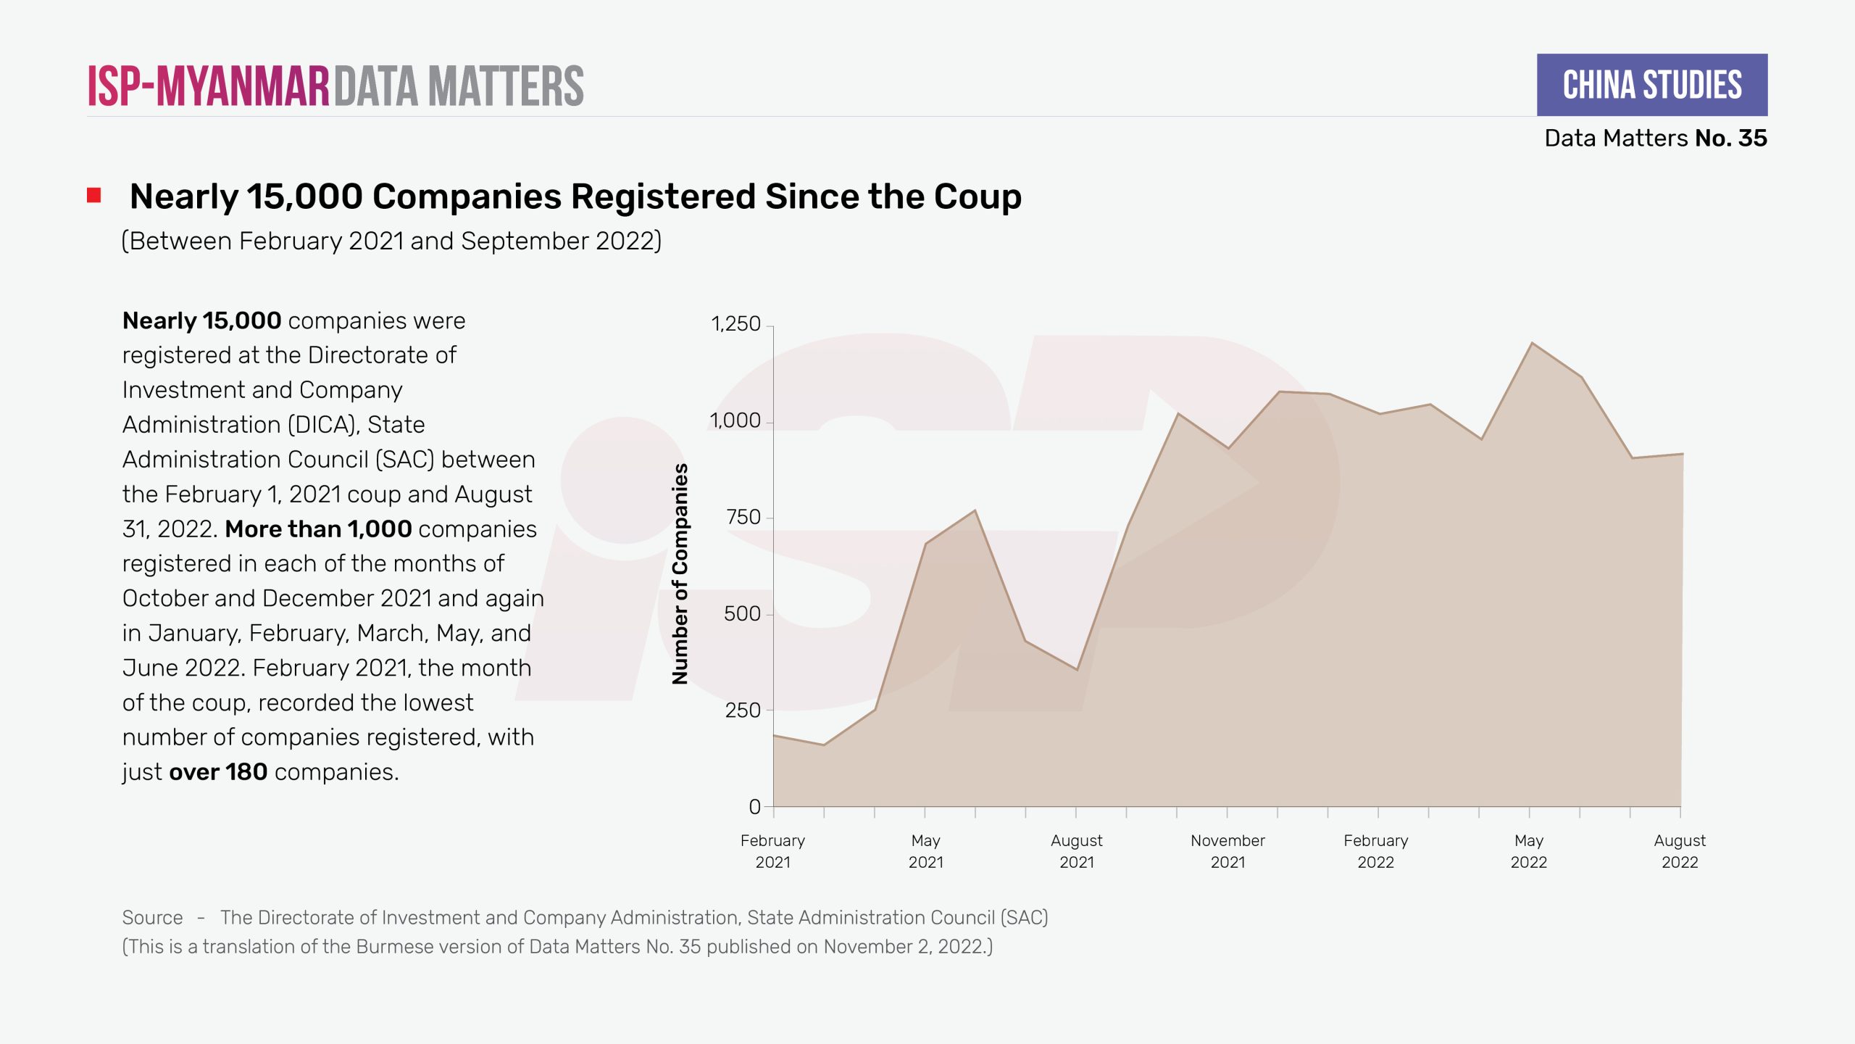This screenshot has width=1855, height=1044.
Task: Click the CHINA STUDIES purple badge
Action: point(1651,85)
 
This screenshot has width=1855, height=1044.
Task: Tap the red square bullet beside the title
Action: point(94,196)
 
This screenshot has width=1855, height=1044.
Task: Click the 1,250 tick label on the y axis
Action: point(735,323)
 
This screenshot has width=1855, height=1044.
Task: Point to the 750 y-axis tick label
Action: point(743,517)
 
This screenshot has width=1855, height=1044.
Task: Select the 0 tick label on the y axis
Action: point(754,806)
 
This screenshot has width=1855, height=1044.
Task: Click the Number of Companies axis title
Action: point(680,573)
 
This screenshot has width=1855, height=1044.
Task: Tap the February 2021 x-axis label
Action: point(772,851)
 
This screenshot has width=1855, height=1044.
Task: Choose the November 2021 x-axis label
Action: point(1227,851)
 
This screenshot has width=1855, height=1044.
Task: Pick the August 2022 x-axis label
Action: point(1680,851)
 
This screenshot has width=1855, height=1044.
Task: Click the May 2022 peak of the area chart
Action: point(1531,343)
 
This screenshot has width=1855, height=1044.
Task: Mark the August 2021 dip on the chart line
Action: point(1077,669)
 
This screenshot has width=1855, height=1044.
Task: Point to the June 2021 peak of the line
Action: point(975,510)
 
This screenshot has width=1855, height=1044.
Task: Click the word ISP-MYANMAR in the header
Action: point(209,86)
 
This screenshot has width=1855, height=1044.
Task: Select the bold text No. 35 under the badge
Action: point(1731,138)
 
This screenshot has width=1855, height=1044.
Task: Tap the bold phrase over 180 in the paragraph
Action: point(218,772)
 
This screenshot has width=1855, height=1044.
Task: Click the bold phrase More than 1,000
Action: point(318,529)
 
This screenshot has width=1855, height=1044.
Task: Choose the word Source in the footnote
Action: point(152,917)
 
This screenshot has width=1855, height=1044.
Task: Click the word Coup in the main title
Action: point(977,196)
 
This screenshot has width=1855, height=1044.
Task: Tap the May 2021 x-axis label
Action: point(925,851)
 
